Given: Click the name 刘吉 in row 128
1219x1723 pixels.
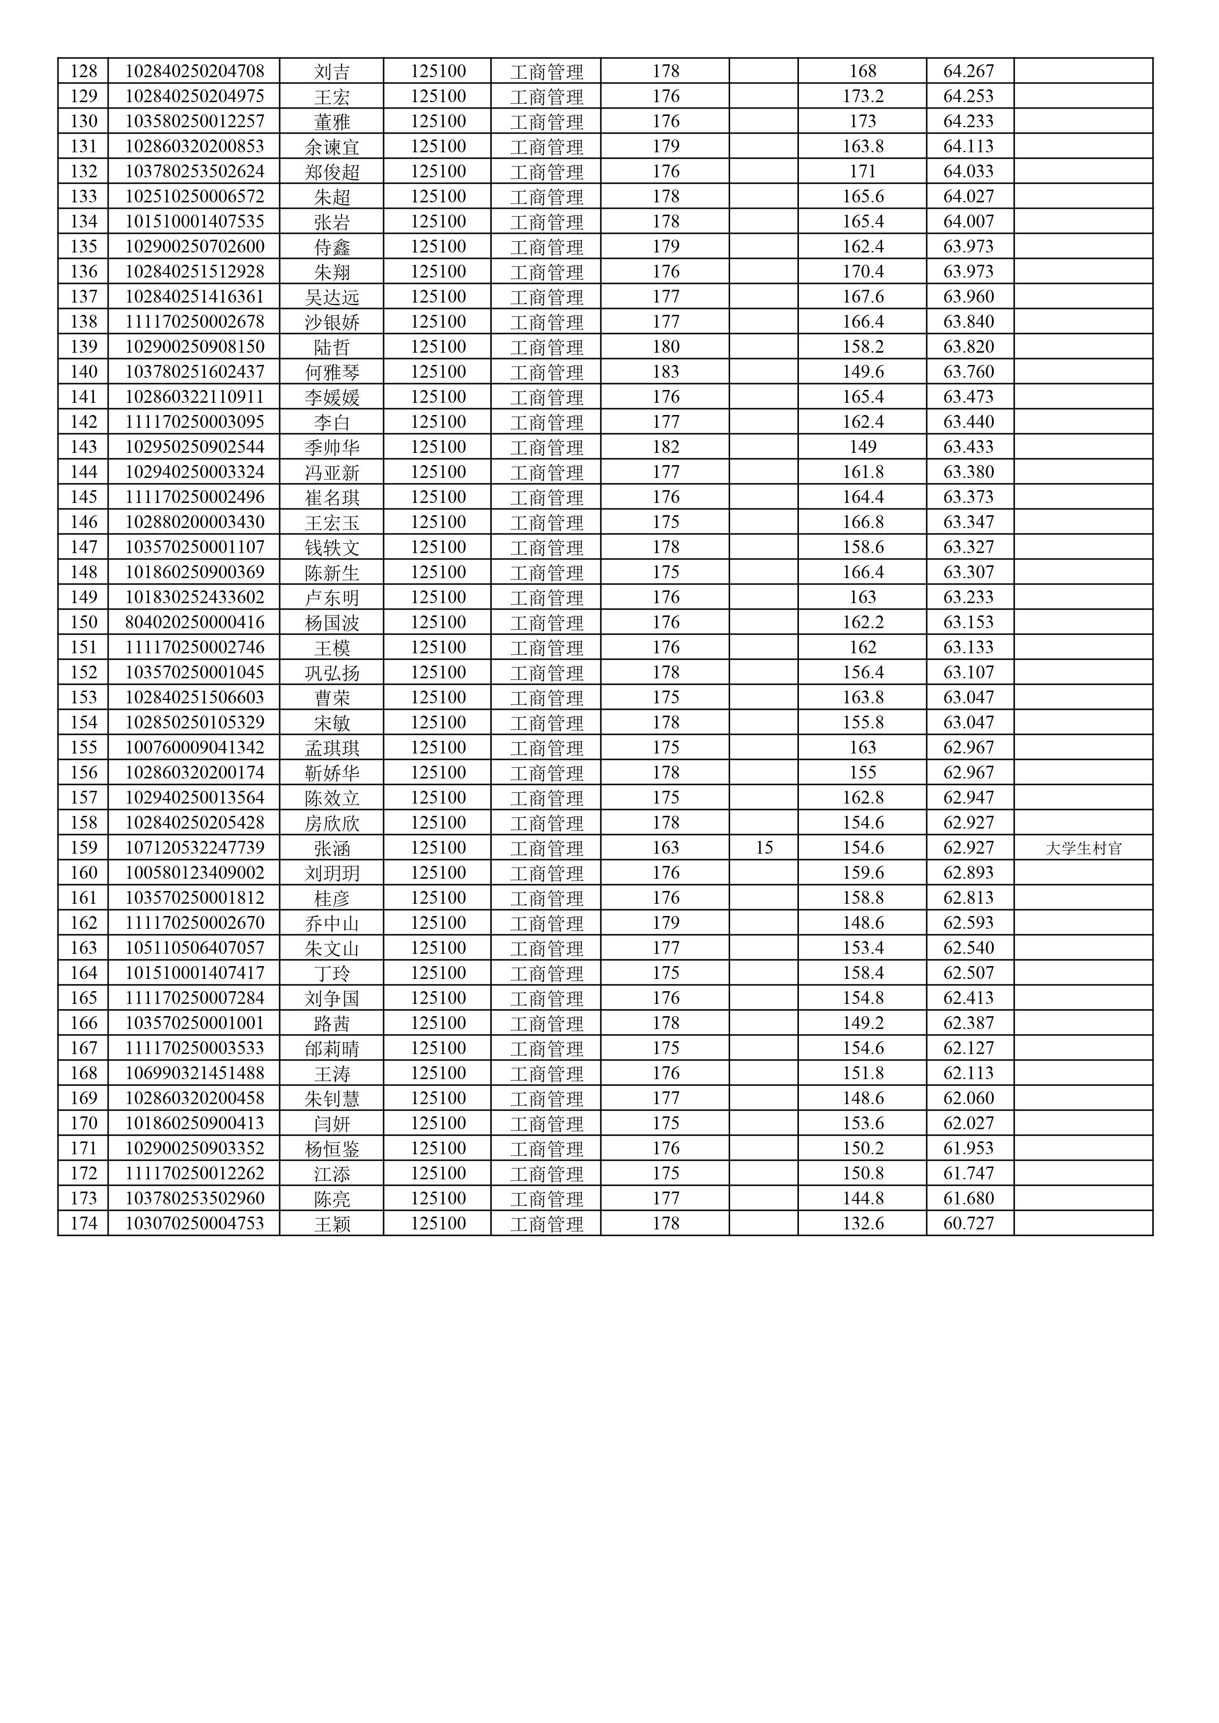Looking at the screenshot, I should (332, 71).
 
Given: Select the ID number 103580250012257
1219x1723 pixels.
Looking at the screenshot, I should (195, 122).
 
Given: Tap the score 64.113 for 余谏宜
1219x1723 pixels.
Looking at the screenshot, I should (968, 146).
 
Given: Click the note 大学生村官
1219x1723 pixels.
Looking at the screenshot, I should (1083, 848).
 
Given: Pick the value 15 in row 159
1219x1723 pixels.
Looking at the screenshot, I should (764, 848).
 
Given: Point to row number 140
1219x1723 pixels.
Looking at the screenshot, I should (84, 372).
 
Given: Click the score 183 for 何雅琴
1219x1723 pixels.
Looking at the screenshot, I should (665, 372).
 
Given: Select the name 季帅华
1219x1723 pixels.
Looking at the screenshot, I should (332, 447).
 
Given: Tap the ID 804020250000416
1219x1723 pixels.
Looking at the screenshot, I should (195, 623).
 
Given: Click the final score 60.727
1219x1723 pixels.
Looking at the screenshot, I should (968, 1224).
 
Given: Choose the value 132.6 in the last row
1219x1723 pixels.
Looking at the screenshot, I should (862, 1224).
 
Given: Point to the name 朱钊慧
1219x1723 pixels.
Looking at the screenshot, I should (332, 1099).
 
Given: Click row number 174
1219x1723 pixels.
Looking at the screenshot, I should (84, 1224).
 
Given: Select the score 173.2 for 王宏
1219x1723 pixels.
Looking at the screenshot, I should (862, 96).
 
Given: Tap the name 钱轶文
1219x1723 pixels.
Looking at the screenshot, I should (332, 547).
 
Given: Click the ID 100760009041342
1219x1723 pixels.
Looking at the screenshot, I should (195, 748).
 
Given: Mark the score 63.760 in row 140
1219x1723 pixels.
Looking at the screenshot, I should (968, 372).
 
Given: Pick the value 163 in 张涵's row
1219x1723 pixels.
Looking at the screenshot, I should (665, 848).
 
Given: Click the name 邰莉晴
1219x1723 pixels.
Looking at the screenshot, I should (332, 1048).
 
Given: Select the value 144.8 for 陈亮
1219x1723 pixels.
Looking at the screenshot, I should (862, 1198).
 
